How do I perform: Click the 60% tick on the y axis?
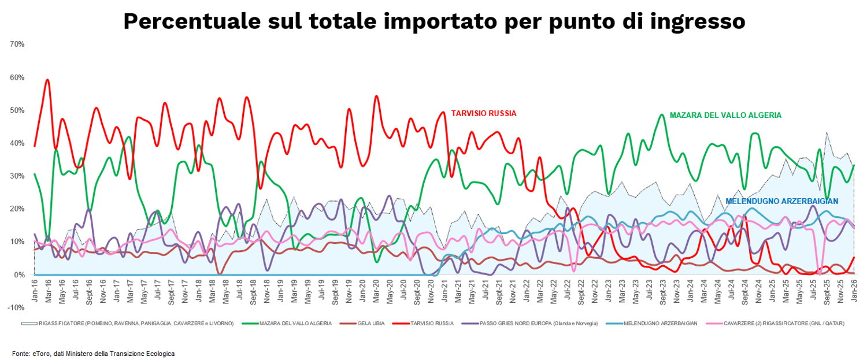[16, 77]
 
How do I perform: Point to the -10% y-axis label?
[16, 307]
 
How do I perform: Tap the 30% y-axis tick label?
[16, 176]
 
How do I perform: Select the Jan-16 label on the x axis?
[35, 288]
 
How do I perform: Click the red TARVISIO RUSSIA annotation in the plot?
[484, 114]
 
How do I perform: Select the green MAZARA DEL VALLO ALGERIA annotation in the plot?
[725, 116]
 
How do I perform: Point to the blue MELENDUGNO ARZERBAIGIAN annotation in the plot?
[782, 201]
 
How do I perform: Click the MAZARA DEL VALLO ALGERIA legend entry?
[295, 324]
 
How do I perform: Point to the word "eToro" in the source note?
[41, 353]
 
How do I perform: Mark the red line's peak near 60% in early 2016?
[47, 80]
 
